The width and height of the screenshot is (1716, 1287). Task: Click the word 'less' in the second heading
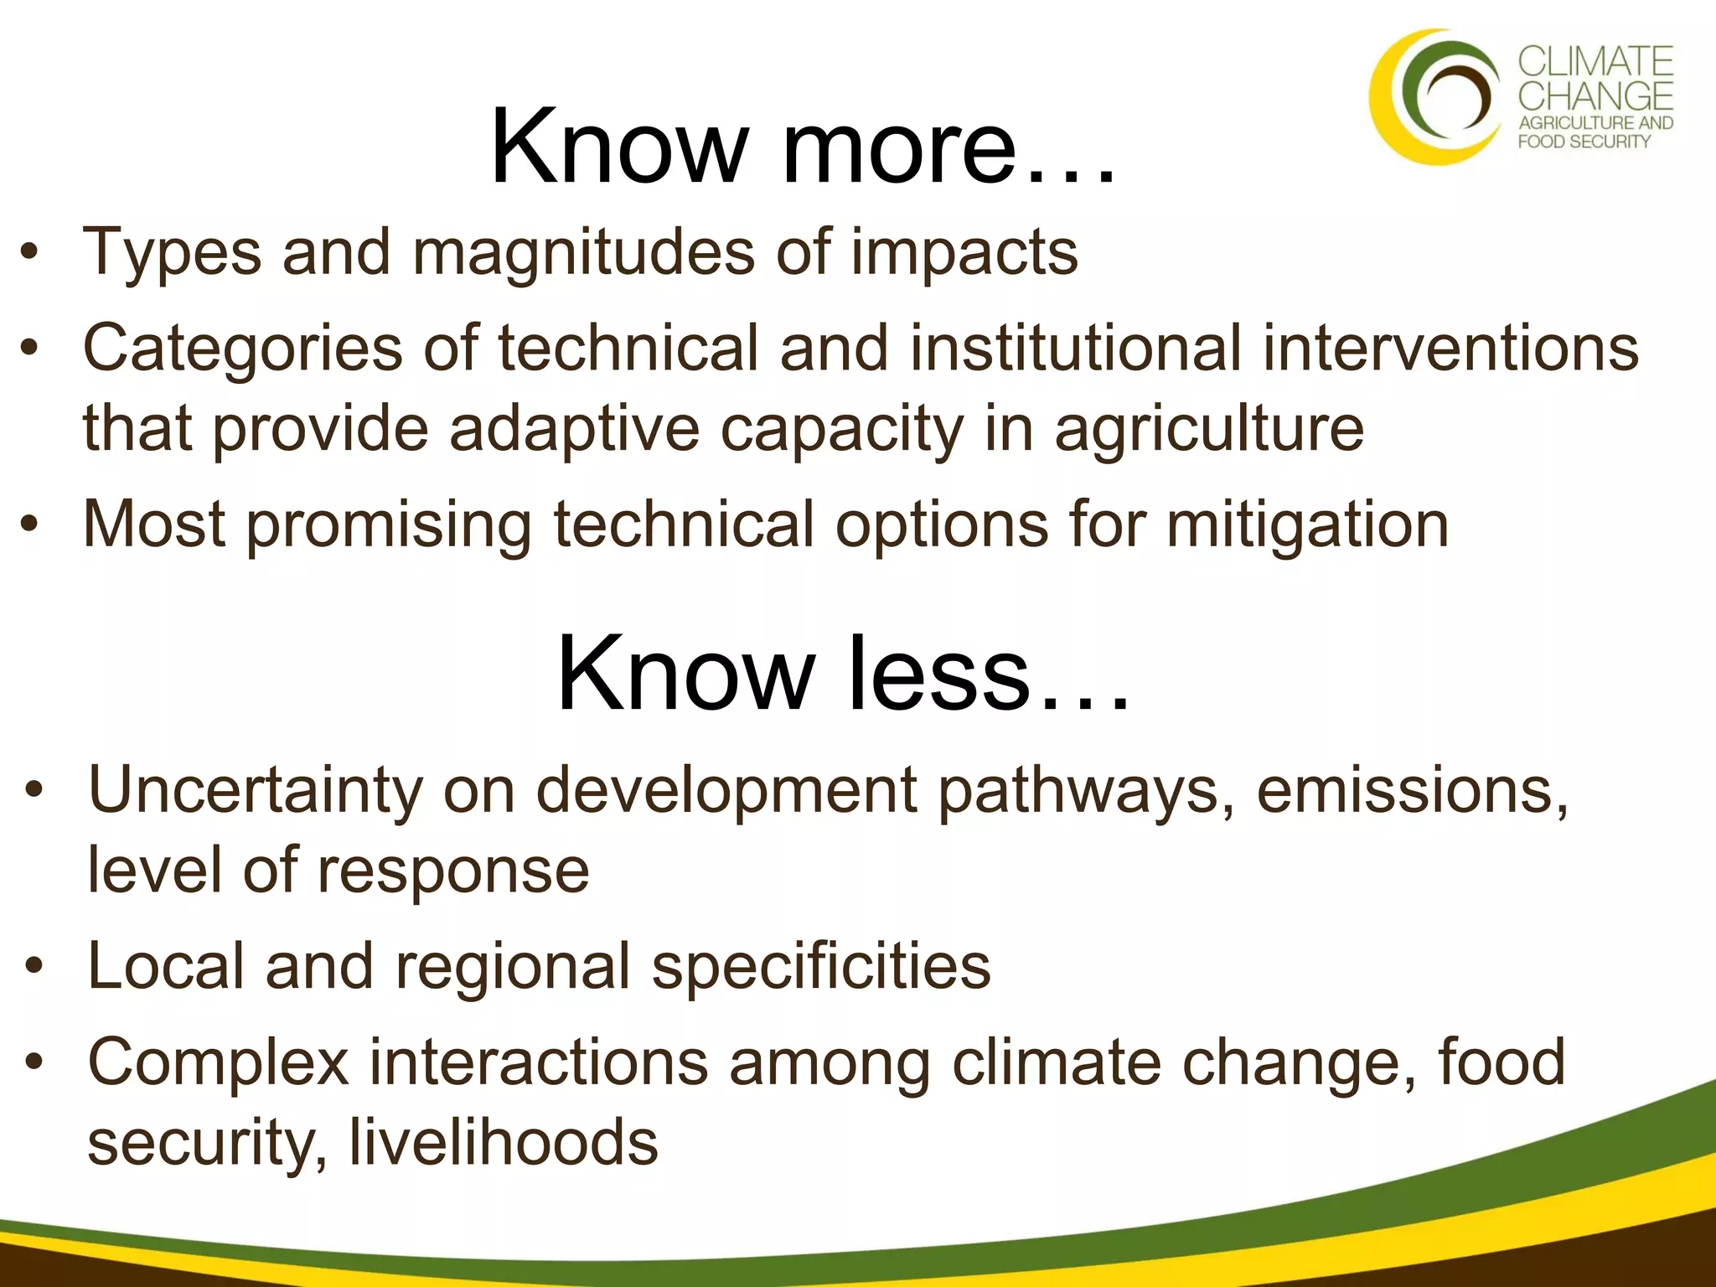(x=938, y=675)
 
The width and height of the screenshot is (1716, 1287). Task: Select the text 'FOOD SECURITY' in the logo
(x=1584, y=142)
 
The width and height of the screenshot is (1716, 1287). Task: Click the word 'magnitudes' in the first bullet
(x=583, y=253)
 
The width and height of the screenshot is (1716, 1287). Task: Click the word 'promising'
(x=389, y=525)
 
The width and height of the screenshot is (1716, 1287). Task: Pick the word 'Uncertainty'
(x=256, y=792)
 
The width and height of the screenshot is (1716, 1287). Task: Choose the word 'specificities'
(x=821, y=966)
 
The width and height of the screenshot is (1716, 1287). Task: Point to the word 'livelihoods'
(x=503, y=1142)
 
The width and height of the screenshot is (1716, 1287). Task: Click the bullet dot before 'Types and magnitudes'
(x=30, y=253)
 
